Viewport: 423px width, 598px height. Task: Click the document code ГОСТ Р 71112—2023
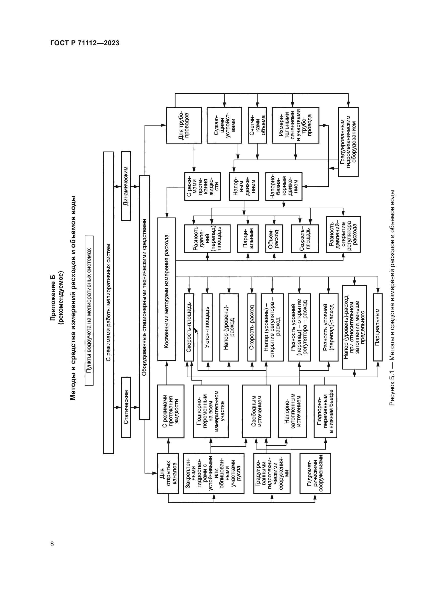[x=85, y=43]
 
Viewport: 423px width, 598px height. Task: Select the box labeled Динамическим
[x=126, y=186]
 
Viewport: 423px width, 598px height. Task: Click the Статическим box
[x=126, y=407]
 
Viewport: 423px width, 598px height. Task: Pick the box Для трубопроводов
[x=184, y=125]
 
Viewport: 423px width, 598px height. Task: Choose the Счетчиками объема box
[x=257, y=125]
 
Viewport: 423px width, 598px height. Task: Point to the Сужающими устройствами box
[x=224, y=125]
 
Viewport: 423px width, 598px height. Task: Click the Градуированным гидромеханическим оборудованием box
[x=348, y=142]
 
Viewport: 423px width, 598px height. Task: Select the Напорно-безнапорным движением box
[x=284, y=186]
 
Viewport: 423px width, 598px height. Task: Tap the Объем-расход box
[x=274, y=239]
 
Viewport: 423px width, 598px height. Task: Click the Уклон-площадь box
[x=207, y=327]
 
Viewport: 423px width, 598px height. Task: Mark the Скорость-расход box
[x=252, y=327]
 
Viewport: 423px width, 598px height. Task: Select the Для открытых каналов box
[x=168, y=473]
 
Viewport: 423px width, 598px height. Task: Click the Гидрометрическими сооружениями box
[x=315, y=473]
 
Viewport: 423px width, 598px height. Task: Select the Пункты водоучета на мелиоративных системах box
[x=89, y=310]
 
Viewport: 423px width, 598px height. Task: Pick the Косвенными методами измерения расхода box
[x=167, y=289]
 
